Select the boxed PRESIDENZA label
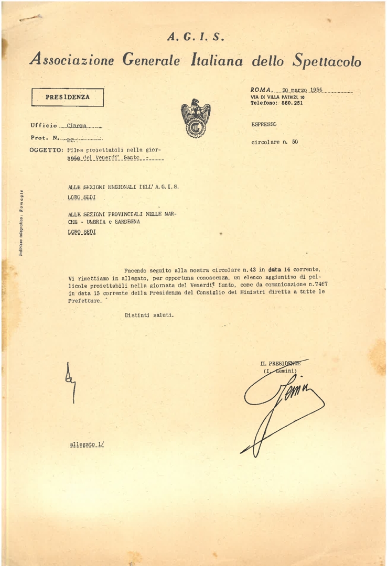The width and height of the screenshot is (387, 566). pyautogui.click(x=68, y=97)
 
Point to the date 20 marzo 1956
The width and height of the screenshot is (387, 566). pyautogui.click(x=307, y=90)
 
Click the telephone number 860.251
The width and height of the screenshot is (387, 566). pyautogui.click(x=292, y=103)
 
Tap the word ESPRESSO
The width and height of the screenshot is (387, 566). pyautogui.click(x=264, y=124)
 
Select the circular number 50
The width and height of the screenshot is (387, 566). pyautogui.click(x=295, y=142)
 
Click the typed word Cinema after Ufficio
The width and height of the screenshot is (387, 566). pyautogui.click(x=77, y=126)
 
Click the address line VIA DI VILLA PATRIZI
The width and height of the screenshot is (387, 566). pyautogui.click(x=277, y=97)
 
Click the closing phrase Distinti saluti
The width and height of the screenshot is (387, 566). pyautogui.click(x=149, y=315)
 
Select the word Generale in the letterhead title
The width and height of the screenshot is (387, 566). pyautogui.click(x=151, y=60)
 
